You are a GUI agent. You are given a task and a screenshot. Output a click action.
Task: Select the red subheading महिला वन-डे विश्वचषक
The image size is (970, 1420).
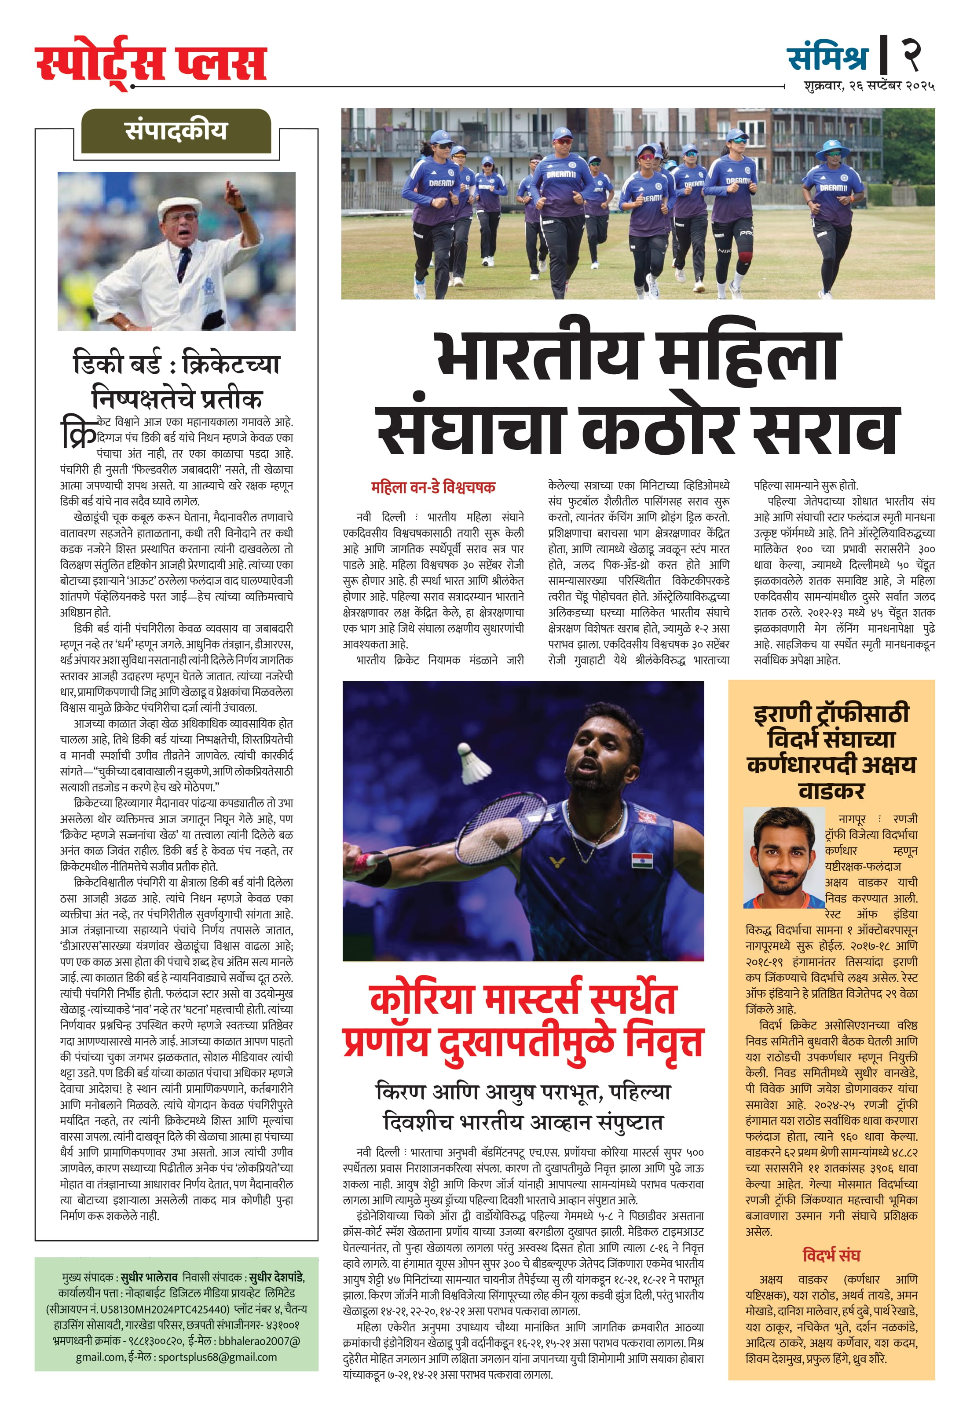click(x=433, y=487)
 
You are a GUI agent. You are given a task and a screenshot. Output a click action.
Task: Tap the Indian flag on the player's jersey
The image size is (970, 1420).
click(x=642, y=860)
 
